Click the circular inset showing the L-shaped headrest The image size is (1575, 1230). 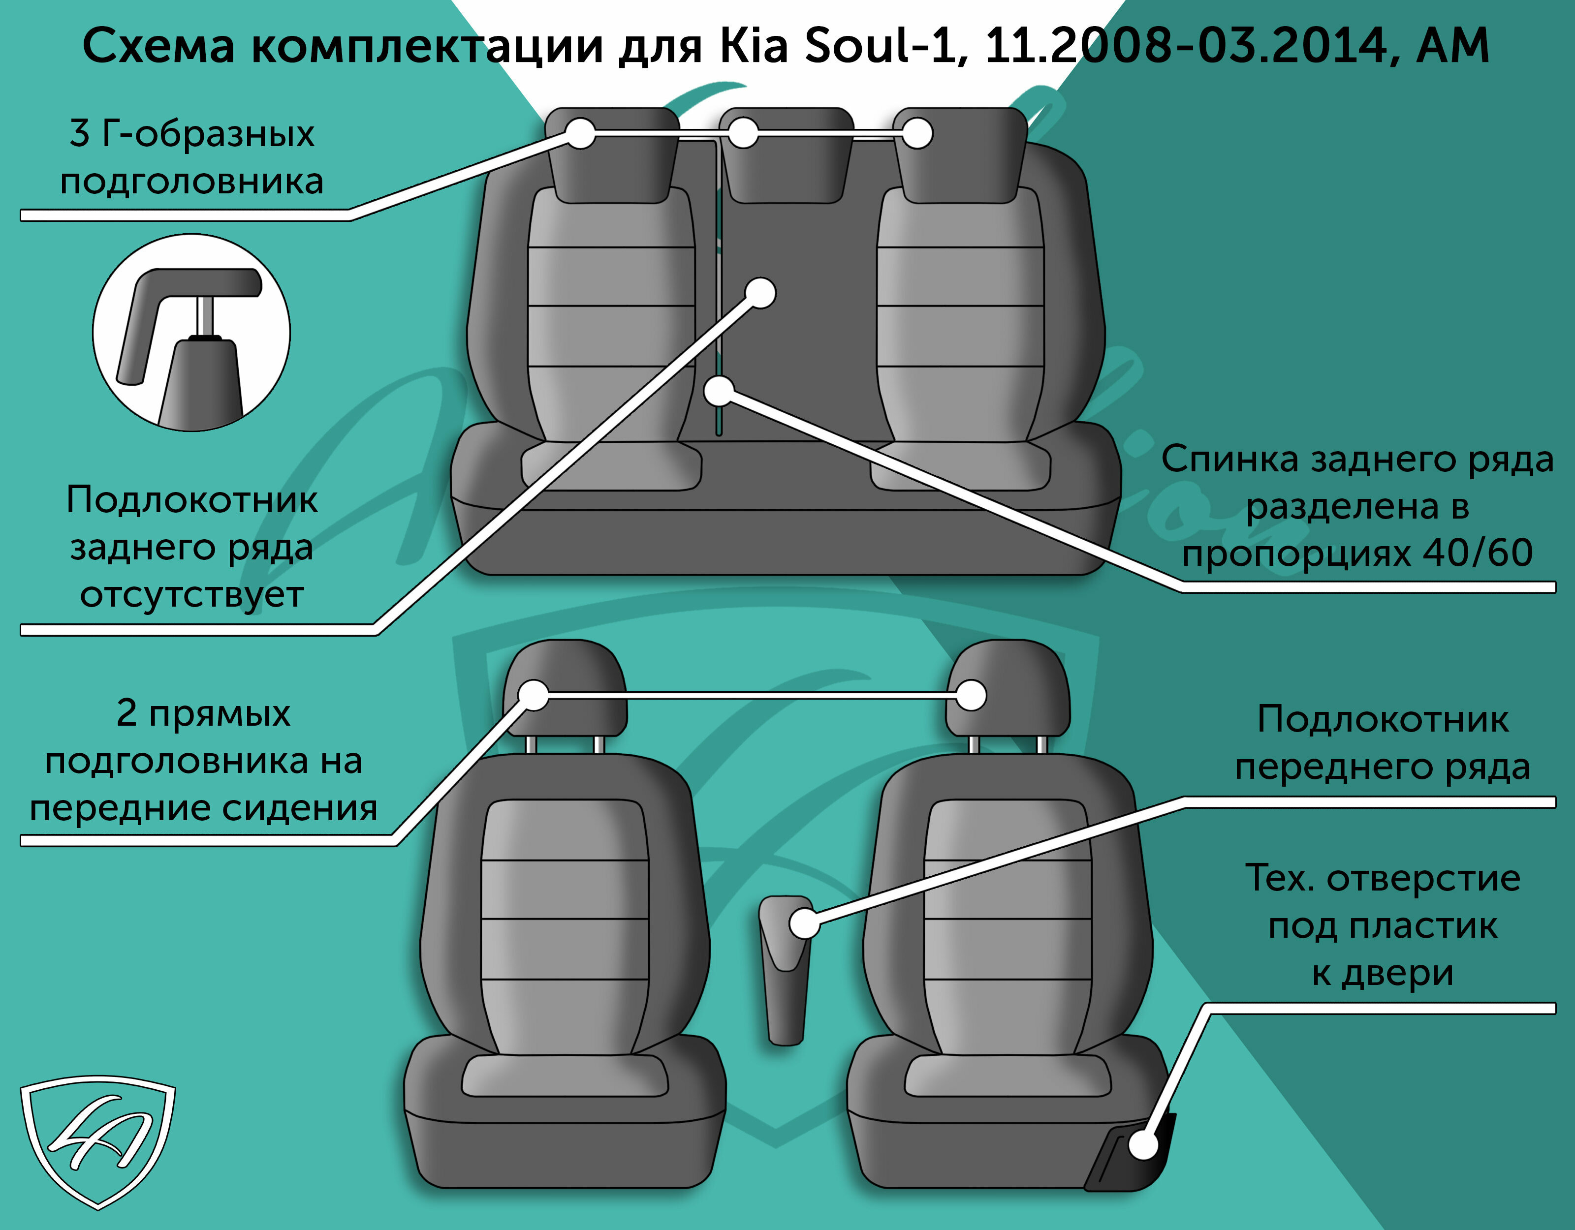coord(191,333)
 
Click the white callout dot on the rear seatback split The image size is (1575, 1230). coord(719,392)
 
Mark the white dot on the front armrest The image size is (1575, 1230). coord(804,923)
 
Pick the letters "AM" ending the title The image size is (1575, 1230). coord(1452,46)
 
